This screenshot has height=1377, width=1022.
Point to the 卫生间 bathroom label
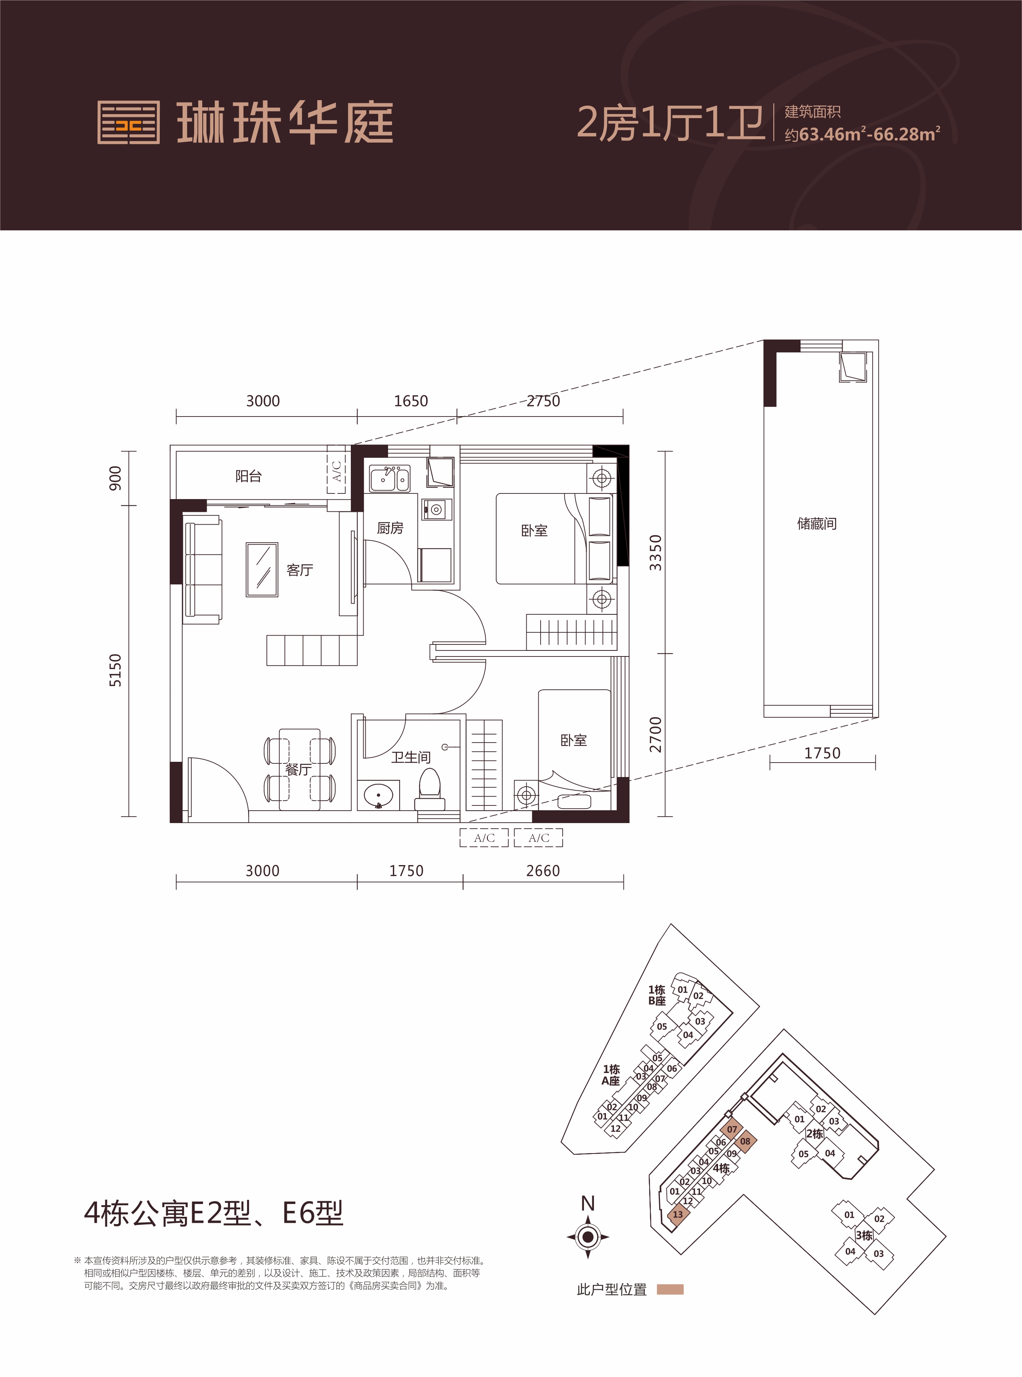[x=411, y=757]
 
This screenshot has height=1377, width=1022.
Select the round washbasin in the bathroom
[x=378, y=795]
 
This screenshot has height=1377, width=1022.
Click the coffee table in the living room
[x=262, y=570]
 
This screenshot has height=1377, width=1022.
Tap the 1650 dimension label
[x=411, y=401]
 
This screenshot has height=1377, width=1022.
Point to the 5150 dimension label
[x=115, y=670]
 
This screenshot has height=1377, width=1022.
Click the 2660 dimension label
[x=543, y=871]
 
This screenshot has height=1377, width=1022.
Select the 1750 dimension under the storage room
[x=822, y=753]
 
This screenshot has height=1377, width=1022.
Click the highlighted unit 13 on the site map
[x=678, y=1214]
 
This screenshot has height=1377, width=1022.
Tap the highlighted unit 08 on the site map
[x=745, y=1141]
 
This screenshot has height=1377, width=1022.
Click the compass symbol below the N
[x=588, y=1238]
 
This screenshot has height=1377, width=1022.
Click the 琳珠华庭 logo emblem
[x=129, y=123]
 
